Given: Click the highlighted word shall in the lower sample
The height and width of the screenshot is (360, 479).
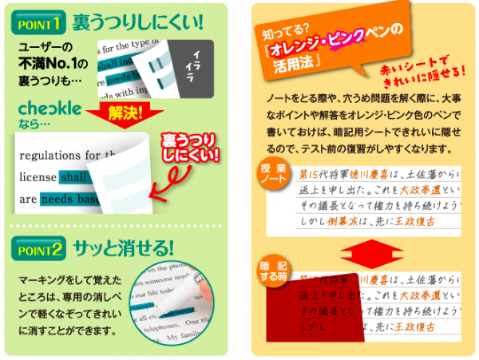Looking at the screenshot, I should click(74, 177).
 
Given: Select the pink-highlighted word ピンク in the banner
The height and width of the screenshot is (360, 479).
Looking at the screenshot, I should click(349, 37).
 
